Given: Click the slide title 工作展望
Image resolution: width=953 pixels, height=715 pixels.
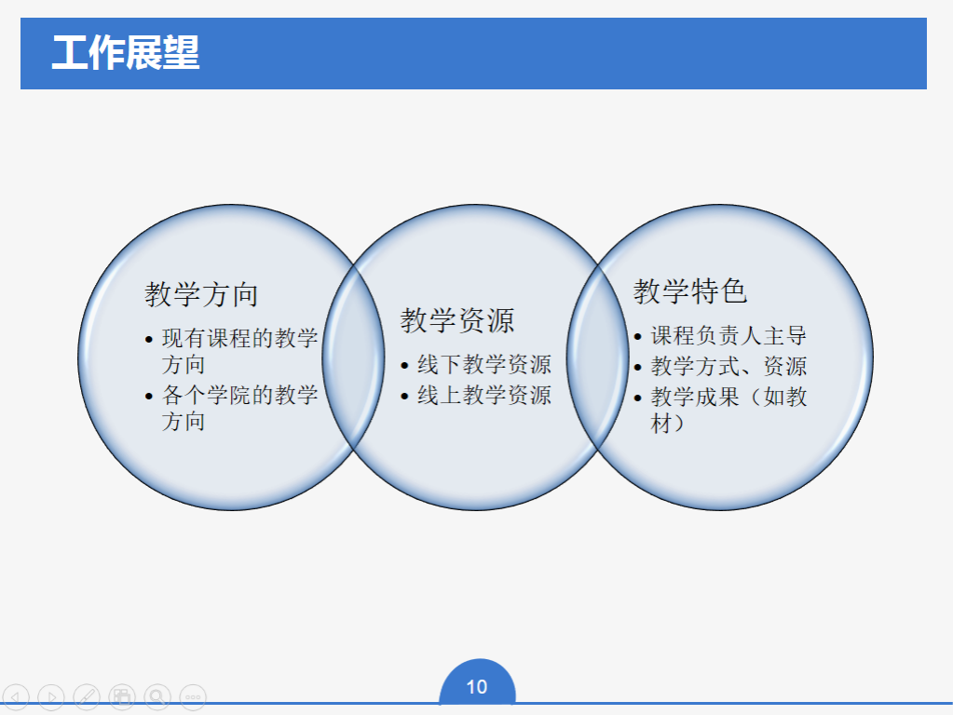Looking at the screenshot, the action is click(x=126, y=52).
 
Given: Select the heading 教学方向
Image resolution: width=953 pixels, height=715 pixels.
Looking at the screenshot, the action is click(x=201, y=294).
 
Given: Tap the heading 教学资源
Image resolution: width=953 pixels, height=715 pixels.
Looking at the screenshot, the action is click(x=457, y=320).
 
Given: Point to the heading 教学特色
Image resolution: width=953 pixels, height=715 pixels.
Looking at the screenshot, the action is click(x=690, y=291).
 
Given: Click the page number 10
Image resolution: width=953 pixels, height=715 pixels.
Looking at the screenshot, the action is click(x=477, y=687).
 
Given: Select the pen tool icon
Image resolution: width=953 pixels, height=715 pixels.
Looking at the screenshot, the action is click(x=87, y=696).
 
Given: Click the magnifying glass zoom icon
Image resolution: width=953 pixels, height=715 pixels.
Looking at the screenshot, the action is click(x=157, y=696).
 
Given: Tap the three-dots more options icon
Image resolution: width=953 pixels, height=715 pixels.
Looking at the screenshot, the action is click(x=193, y=696).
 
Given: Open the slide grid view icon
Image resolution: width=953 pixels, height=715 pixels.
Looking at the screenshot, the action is click(x=121, y=696).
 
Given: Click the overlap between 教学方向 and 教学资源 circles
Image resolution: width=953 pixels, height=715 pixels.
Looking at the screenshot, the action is click(x=353, y=357).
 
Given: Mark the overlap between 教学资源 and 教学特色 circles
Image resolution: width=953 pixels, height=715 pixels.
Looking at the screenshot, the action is click(x=598, y=357).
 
